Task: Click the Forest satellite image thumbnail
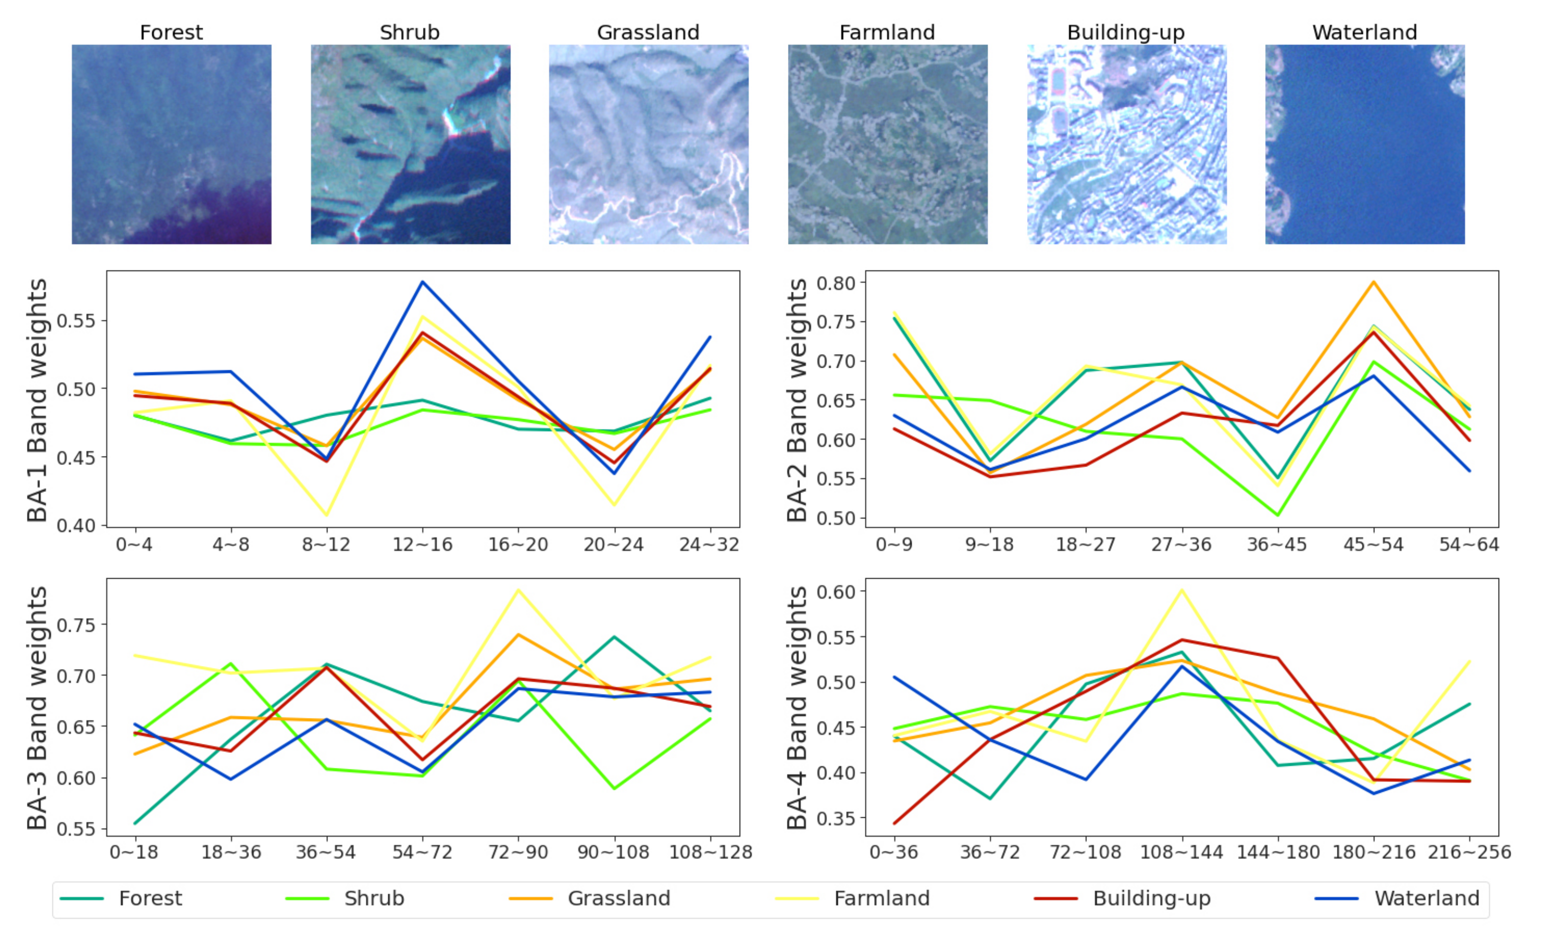click(171, 144)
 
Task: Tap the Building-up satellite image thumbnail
click(1126, 144)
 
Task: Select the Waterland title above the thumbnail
click(1364, 32)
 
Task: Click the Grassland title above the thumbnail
click(648, 32)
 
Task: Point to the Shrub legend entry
click(374, 898)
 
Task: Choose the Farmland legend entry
click(881, 898)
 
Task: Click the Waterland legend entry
click(1427, 898)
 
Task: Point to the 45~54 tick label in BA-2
click(1373, 545)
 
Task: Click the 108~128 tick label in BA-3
click(710, 852)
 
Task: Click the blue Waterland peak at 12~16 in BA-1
click(423, 282)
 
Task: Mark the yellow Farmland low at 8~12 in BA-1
click(326, 515)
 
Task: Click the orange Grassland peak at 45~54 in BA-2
click(1373, 282)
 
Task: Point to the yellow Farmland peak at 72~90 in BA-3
click(518, 590)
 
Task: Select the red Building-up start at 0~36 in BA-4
click(894, 823)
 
